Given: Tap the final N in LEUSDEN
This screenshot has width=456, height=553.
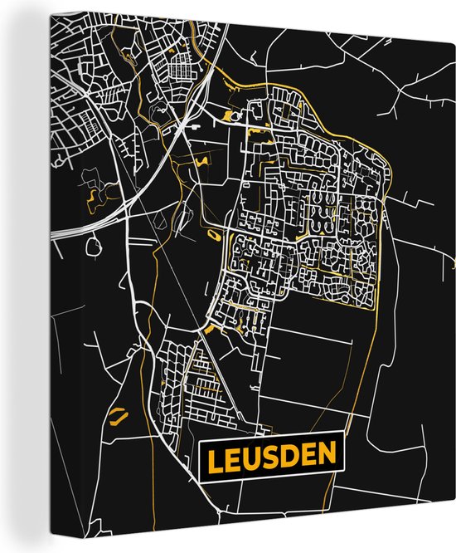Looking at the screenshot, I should [329, 455].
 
